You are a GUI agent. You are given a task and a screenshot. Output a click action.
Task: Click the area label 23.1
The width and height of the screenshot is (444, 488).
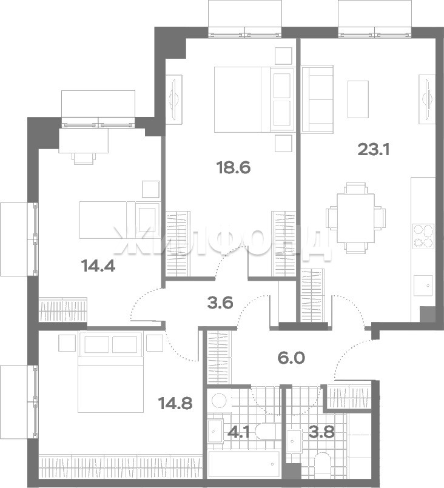(374, 150)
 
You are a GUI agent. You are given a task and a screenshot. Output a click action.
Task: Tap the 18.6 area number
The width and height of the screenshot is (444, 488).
(234, 168)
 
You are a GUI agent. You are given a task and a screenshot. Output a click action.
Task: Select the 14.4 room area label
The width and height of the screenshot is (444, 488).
(98, 266)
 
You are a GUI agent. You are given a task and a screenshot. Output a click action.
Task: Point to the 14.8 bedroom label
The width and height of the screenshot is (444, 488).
(175, 403)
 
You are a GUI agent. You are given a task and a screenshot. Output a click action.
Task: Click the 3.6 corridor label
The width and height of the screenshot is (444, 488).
(220, 302)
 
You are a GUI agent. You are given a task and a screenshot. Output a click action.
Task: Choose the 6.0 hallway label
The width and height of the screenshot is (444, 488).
(291, 358)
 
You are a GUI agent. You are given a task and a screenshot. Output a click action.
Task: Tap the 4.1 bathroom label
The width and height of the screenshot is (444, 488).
(238, 432)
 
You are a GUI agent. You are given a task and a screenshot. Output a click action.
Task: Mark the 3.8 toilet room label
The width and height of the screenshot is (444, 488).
(322, 432)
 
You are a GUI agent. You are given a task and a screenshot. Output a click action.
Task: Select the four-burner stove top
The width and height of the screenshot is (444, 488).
(423, 236)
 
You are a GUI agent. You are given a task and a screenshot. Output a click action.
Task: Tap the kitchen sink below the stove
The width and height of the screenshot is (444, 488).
(423, 286)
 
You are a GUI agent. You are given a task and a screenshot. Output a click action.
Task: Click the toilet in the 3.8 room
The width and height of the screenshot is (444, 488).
(323, 466)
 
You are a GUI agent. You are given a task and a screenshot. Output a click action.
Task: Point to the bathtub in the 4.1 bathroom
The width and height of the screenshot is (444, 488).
(244, 464)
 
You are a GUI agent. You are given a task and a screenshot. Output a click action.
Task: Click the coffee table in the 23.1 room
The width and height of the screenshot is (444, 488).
(358, 99)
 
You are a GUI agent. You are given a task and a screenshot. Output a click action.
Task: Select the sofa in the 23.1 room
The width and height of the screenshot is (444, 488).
(317, 99)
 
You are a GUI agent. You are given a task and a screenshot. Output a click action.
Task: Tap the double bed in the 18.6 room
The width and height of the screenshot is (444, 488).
(254, 99)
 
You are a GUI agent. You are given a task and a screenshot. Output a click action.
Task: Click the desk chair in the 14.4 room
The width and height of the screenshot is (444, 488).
(84, 158)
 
